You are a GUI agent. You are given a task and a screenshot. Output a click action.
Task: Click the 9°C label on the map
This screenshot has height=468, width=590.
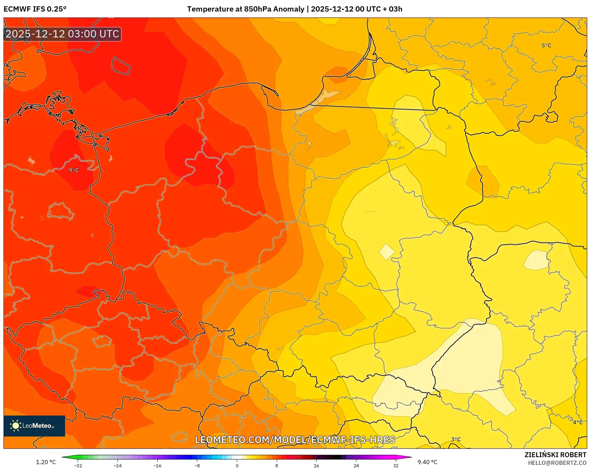pos(74,170)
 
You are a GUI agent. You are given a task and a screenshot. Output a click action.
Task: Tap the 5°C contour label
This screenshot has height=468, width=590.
pos(546,45)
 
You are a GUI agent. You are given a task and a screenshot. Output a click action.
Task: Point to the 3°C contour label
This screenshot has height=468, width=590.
pos(456,439)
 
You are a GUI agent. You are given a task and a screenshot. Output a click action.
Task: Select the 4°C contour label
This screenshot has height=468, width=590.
pos(577,422)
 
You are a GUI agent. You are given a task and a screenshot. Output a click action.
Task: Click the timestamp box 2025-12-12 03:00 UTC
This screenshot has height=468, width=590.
pos(62,34)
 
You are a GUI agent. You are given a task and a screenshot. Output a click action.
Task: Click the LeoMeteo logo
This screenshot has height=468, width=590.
pos(34,426)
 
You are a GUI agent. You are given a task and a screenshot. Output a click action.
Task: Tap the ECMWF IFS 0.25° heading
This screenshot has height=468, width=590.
pos(35,9)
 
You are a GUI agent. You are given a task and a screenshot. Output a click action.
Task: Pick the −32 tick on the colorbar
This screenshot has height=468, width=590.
pos(78,465)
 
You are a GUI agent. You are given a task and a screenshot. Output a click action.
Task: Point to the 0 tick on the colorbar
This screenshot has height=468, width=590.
pos(237,465)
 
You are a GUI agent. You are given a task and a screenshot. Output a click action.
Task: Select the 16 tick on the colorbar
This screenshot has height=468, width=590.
pos(316,465)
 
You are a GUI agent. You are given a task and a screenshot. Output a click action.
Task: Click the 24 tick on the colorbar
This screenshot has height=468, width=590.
pos(356,465)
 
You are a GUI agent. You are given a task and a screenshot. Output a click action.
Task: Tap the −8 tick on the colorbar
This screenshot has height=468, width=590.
pos(197,465)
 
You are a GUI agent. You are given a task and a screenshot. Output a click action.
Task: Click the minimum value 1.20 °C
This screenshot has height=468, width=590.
pos(46,462)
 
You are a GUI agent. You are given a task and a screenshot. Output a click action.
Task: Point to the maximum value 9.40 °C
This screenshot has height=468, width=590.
pos(427,462)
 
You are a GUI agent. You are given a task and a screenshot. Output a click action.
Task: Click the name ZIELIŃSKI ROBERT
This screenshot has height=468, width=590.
pos(555,455)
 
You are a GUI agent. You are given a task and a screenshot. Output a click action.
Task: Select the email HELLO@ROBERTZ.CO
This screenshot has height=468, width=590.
pos(557,463)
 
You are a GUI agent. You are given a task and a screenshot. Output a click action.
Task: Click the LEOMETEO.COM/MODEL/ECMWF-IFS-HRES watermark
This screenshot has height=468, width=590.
pos(295,440)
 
